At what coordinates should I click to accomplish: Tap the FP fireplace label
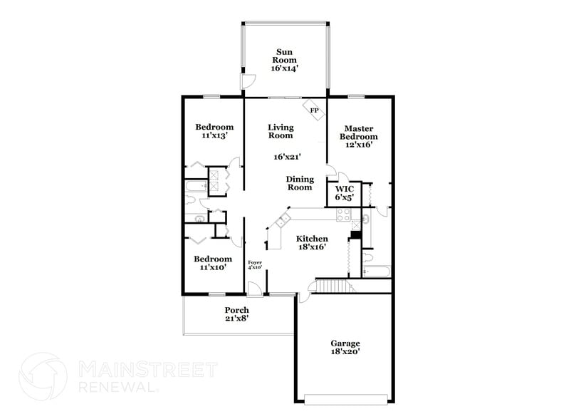coord(313,110)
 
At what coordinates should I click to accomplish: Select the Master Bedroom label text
coord(358,135)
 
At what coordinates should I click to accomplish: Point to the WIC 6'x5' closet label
coord(345,193)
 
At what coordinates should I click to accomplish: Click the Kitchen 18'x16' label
coord(312,243)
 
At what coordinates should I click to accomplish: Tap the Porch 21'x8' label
coord(236,314)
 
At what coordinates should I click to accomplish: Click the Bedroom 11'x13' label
coord(214,131)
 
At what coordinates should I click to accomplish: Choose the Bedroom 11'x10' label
coord(213,263)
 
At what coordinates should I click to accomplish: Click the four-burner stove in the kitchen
coord(343,212)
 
